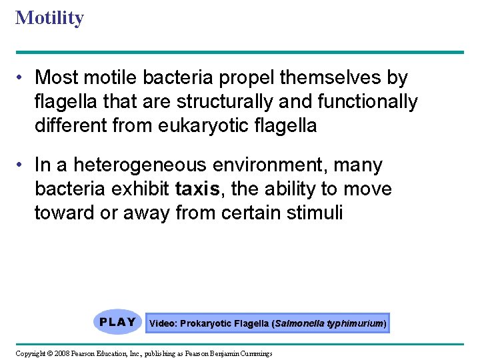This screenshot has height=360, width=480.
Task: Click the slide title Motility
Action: click(x=49, y=17)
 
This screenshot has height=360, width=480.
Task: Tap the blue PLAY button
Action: click(x=118, y=323)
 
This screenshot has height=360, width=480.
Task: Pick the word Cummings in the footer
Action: click(x=255, y=353)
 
